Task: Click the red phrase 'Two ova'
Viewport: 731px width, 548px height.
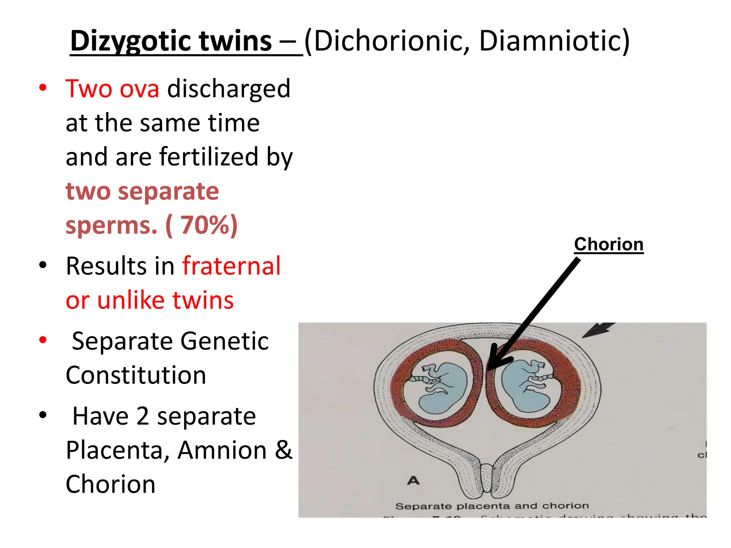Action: pos(112,88)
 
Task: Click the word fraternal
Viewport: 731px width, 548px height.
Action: pos(232,266)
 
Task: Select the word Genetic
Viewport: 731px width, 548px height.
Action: pos(224,341)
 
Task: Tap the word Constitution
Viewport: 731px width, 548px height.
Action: pos(136,375)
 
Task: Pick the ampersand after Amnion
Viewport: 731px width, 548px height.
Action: pos(283,450)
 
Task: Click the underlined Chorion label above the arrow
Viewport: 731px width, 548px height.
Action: pos(609,244)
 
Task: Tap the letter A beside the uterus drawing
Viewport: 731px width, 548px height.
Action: pos(413,481)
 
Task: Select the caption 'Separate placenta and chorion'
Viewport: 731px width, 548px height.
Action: pos(492,506)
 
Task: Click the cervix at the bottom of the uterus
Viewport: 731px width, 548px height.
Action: pos(487,478)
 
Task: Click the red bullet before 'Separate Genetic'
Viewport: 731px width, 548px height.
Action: pos(43,340)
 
